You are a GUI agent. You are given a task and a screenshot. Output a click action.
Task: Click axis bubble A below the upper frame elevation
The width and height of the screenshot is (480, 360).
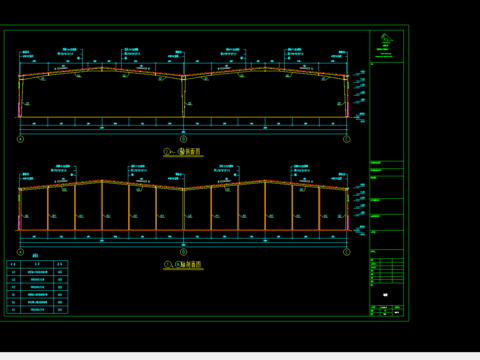(x=20, y=140)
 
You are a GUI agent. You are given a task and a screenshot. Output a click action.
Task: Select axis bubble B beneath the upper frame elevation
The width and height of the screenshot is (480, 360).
(x=183, y=140)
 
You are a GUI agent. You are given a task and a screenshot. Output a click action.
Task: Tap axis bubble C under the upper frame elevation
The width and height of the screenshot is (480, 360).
(x=346, y=140)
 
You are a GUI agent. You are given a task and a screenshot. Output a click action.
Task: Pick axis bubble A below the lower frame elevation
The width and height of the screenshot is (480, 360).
(x=20, y=252)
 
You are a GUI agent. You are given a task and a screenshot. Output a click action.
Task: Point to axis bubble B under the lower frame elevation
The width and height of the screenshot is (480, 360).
(x=183, y=252)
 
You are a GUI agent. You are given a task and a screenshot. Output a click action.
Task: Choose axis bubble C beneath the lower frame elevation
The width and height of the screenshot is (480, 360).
(x=346, y=252)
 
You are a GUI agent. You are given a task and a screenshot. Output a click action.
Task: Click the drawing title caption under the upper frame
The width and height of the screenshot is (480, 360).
(x=183, y=153)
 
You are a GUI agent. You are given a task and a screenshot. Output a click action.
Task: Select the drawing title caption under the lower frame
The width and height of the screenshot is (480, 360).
(x=183, y=265)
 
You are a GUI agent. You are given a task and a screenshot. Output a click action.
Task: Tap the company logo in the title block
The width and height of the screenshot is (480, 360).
(x=387, y=44)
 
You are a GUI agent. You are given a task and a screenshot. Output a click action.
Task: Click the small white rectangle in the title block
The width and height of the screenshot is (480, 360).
(x=386, y=296)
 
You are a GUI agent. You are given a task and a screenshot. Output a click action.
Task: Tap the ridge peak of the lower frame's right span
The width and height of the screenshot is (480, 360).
(x=265, y=181)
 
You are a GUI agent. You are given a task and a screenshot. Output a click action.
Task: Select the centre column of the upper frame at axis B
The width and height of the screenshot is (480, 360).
(x=183, y=100)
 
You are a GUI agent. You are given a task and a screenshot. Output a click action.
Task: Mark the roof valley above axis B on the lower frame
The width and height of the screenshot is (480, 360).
(x=183, y=189)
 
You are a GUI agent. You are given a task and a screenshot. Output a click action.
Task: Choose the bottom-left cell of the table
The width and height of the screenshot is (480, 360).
(x=13, y=310)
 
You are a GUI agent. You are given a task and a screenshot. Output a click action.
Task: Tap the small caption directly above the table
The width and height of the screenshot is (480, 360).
(x=21, y=256)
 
